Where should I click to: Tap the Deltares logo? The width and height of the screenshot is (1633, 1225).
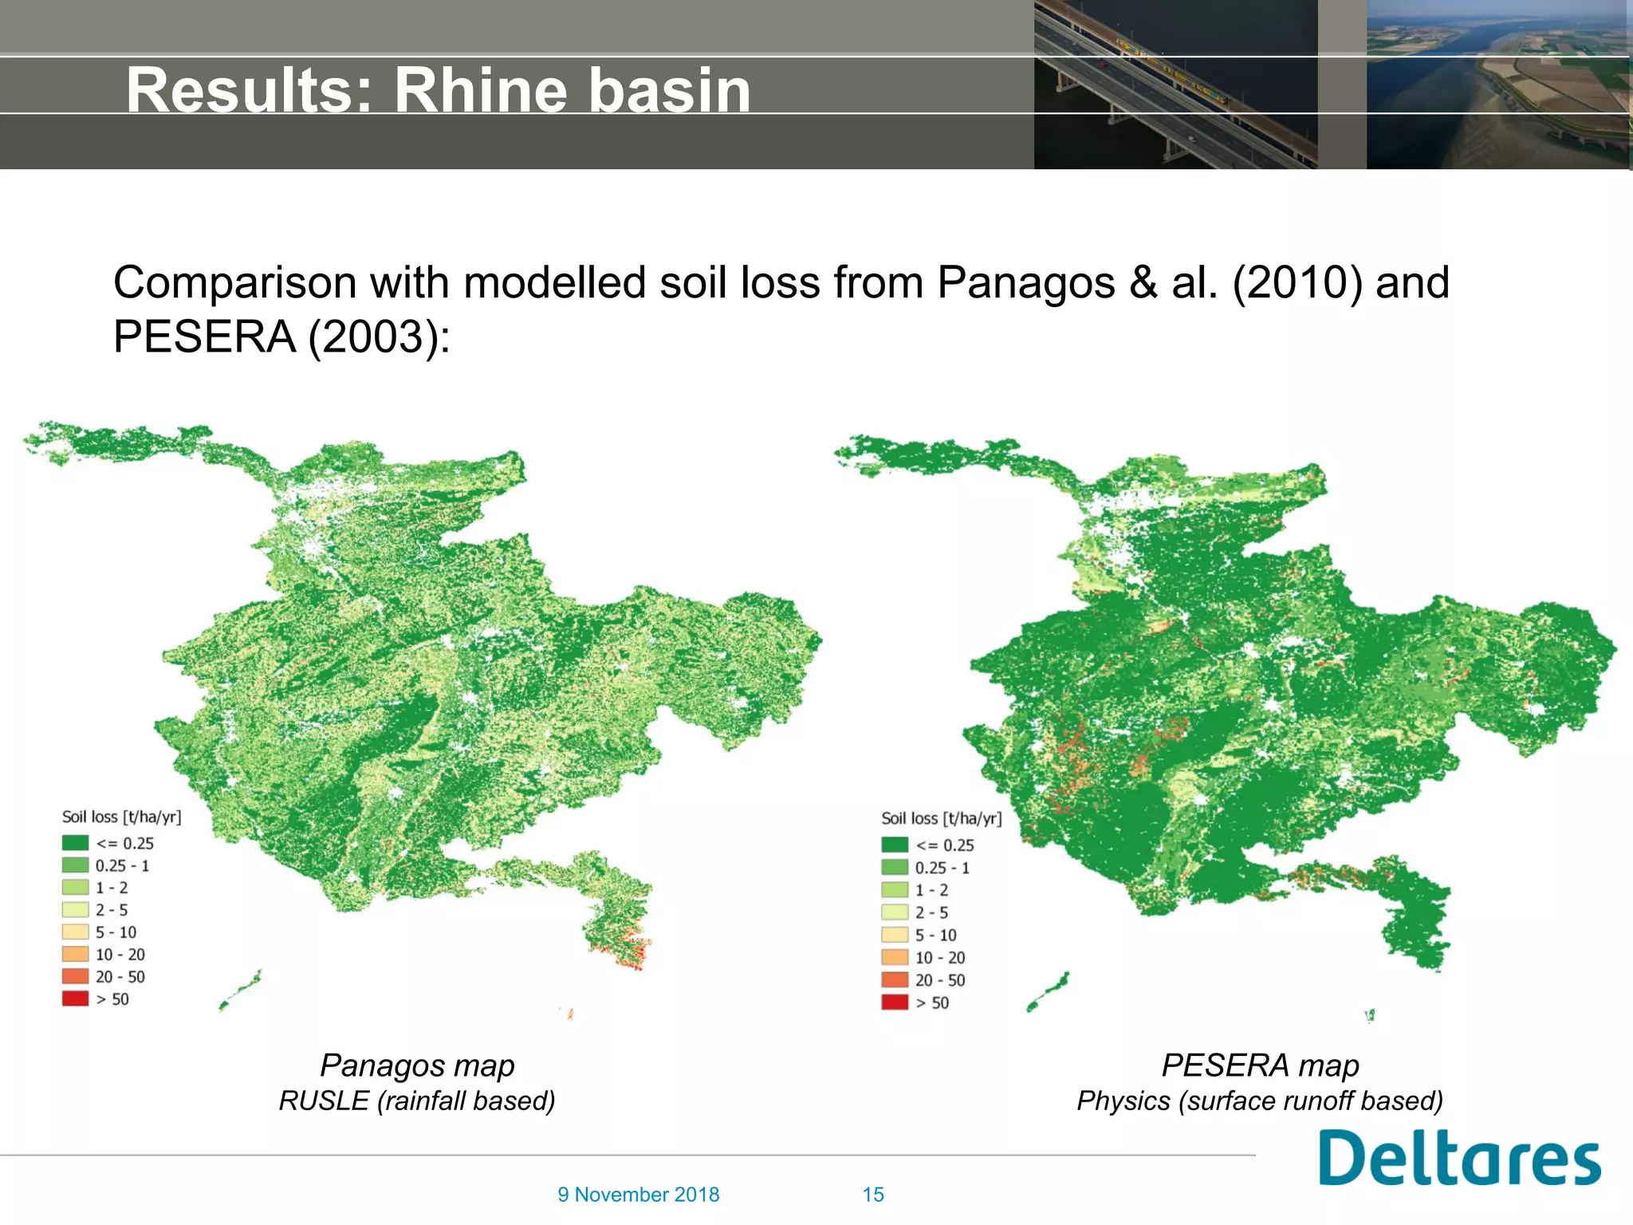1459,1158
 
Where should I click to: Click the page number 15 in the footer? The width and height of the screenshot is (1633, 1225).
873,1195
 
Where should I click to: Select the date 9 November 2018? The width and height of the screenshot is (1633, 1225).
638,1195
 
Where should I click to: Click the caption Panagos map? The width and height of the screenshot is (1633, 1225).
417,1065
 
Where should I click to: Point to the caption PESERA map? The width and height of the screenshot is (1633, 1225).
1260,1065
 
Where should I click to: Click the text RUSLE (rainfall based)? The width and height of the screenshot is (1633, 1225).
417,1101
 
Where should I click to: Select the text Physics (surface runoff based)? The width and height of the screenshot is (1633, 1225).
1260,1101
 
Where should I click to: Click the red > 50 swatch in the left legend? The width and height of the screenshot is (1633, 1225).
76,999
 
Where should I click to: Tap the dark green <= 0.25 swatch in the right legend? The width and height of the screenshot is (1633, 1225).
895,845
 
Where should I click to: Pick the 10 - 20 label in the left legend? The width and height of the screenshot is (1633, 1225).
120,955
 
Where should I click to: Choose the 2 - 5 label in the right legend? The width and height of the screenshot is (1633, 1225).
931,912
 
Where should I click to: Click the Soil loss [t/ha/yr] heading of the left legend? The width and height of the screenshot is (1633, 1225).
122,817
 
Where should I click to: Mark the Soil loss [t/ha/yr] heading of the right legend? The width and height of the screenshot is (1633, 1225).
941,818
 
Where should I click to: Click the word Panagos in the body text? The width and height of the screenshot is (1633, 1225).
1025,283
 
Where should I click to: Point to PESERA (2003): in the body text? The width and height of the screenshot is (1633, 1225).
281,337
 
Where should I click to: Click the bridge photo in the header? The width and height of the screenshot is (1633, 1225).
1175,84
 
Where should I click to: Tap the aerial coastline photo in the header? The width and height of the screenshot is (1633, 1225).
1497,84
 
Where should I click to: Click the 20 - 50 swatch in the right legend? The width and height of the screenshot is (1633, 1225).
895,980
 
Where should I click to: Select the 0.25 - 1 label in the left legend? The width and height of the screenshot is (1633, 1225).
122,865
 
